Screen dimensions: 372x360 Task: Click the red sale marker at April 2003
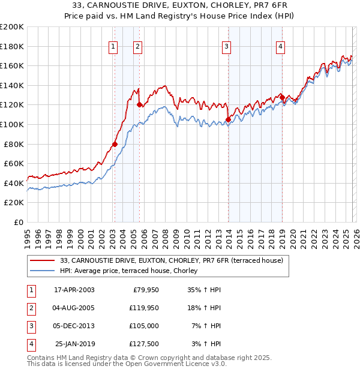tap(115, 144)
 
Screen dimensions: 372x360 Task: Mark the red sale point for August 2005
tap(139, 104)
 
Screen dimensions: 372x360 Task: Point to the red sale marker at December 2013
tap(228, 119)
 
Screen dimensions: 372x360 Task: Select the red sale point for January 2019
tap(282, 97)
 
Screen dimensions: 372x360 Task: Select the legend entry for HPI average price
tap(129, 271)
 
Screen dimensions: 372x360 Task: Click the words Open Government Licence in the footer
tap(172, 364)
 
